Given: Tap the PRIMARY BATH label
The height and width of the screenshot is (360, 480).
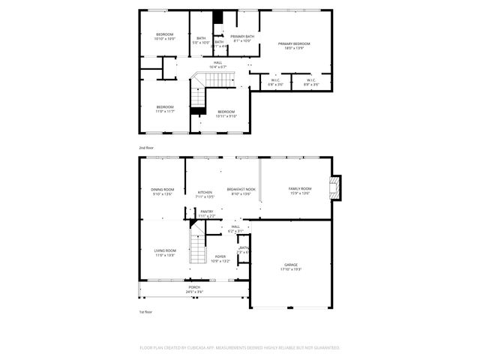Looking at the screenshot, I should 242,36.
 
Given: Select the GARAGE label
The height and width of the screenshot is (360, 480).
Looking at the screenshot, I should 291,265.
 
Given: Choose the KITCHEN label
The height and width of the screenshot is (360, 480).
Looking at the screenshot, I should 205,192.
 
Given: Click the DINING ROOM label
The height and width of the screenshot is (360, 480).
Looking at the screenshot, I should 163,189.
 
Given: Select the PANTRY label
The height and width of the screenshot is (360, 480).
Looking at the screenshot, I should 206,211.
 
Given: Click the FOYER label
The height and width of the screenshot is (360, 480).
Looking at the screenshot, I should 220,256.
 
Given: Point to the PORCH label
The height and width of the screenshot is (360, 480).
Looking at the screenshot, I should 194,287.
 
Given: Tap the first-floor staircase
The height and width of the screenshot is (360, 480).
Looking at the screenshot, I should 196,247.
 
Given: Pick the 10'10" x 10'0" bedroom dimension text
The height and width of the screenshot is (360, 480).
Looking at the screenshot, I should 165,39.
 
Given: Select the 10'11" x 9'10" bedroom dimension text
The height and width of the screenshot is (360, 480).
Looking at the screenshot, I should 226,115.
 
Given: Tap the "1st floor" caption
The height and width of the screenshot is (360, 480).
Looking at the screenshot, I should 145,311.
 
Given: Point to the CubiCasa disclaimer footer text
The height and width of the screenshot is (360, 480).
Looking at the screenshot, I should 240,348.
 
